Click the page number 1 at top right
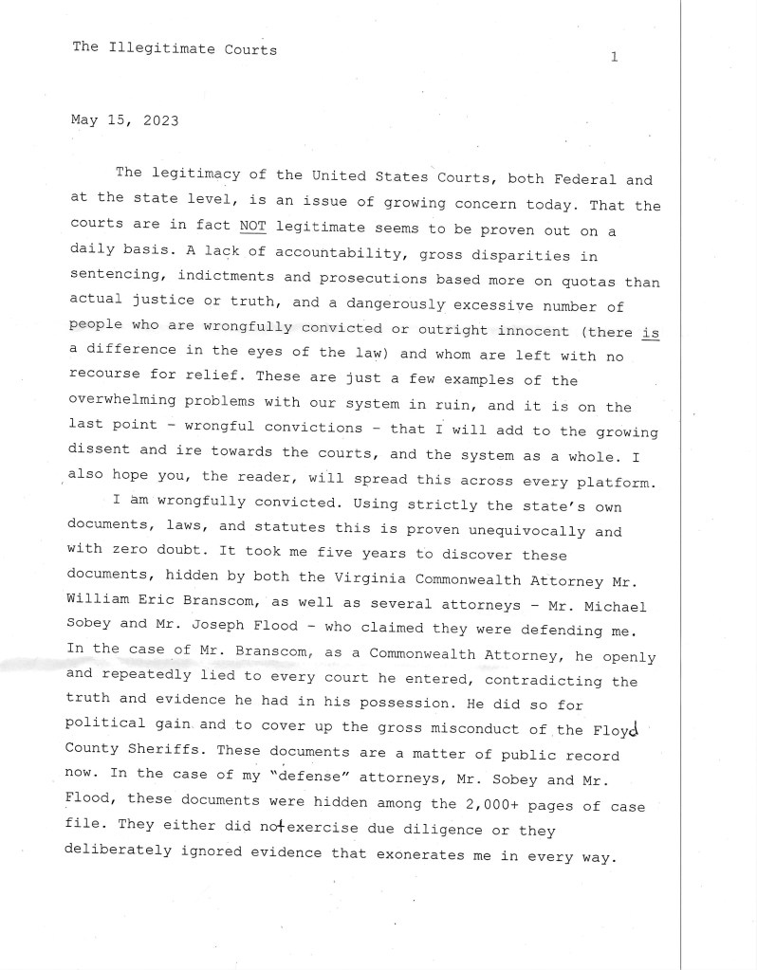[615, 58]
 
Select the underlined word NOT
[253, 228]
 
